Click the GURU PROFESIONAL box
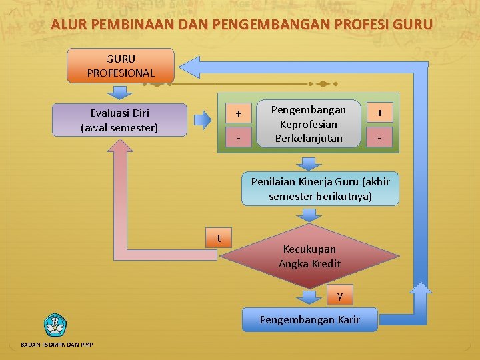[121, 65]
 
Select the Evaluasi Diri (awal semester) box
[119, 120]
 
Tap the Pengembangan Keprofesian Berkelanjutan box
[309, 124]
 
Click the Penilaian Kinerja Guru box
[321, 189]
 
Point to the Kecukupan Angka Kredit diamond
[309, 256]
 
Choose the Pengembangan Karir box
[309, 320]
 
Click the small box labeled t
[219, 238]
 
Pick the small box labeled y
[340, 295]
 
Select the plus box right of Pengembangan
[380, 113]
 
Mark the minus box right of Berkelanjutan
[380, 138]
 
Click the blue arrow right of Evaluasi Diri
[202, 120]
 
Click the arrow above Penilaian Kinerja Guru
[309, 163]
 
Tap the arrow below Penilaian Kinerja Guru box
[309, 215]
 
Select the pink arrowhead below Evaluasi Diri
[119, 150]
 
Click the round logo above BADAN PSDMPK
[55, 325]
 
